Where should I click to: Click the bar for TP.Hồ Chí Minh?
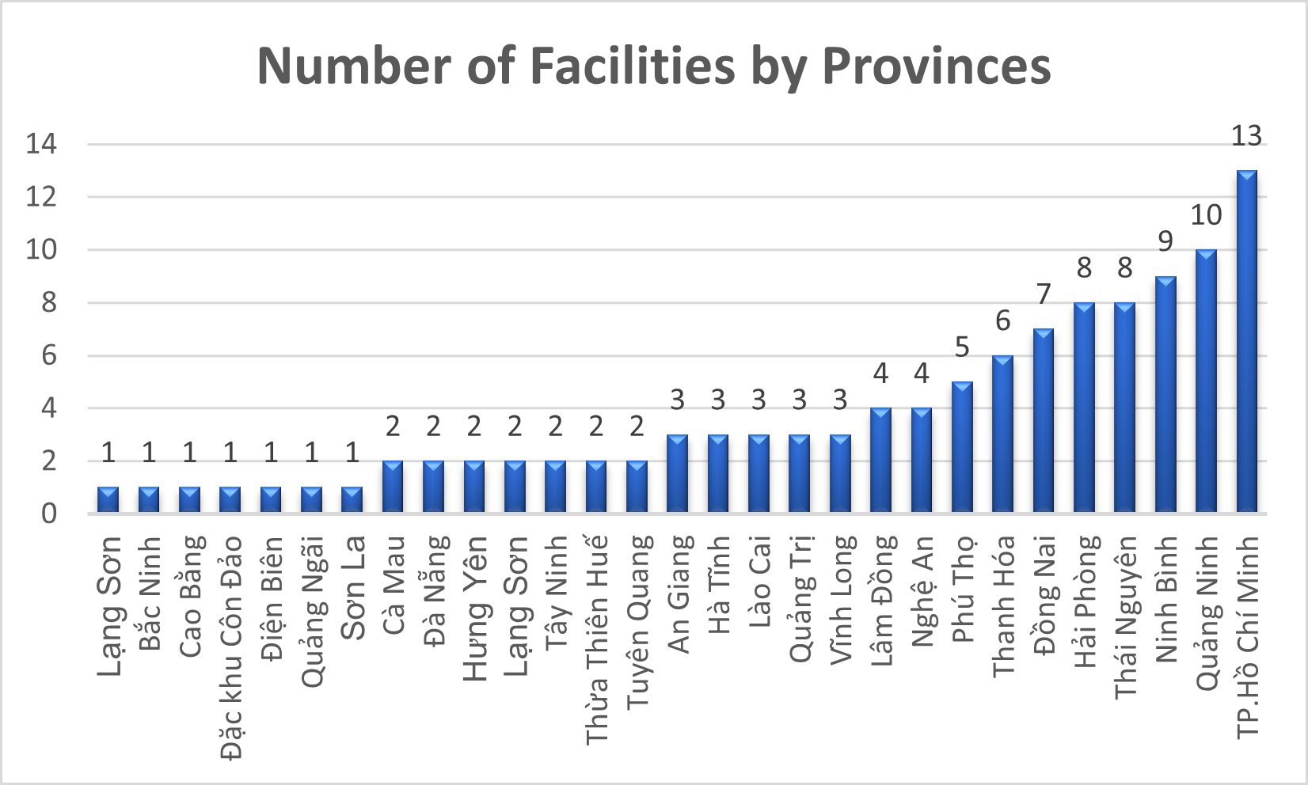(1246, 342)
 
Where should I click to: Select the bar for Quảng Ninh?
(1206, 381)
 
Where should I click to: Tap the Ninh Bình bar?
(1165, 395)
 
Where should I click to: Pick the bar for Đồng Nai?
(1044, 421)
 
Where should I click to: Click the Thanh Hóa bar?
(1003, 434)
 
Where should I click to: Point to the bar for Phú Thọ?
(962, 448)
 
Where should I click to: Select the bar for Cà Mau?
(393, 487)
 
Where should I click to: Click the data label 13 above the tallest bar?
(1246, 136)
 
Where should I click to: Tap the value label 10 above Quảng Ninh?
(1206, 215)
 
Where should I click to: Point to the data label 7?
(1044, 294)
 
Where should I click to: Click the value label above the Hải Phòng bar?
(1084, 268)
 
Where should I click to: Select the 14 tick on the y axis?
(41, 144)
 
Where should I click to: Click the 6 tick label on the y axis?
(49, 355)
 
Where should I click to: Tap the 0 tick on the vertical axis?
(49, 514)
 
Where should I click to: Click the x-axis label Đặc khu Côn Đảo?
(231, 647)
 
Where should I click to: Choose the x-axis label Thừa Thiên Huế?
(597, 639)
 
